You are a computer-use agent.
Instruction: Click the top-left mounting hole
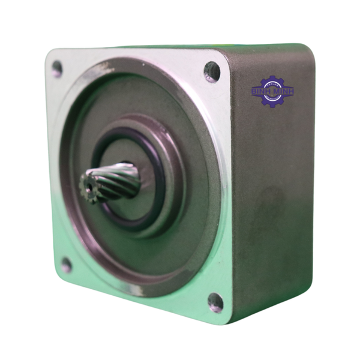[57, 68]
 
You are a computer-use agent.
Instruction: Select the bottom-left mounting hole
[66, 265]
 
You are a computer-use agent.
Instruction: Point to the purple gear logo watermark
[272, 91]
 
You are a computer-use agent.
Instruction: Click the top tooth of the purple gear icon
[272, 77]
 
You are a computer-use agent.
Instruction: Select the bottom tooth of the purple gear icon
[272, 106]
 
